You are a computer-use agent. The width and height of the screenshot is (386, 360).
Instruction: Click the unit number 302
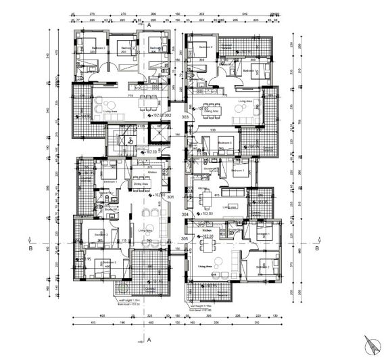coord(168,116)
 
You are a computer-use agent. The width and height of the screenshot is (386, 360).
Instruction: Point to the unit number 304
coord(185,213)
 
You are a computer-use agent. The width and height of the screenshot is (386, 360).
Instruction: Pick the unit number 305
coord(185,238)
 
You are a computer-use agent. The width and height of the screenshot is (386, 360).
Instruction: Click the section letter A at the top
coord(157,24)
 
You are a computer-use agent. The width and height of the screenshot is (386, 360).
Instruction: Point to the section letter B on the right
coord(316,248)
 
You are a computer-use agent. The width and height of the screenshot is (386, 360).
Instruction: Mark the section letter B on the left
coord(31,248)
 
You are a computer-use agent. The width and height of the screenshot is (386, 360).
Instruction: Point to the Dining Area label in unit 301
coord(141,183)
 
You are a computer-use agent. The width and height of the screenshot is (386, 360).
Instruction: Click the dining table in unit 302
coord(147,104)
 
